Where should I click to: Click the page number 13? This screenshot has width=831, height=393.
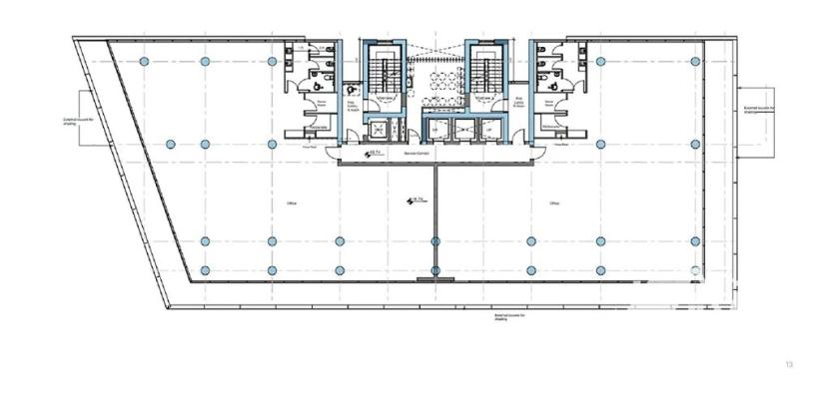[788, 365]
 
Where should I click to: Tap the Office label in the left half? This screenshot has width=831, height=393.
[292, 203]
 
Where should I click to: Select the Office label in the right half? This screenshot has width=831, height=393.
[553, 203]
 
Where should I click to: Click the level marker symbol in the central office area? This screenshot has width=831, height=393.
[411, 201]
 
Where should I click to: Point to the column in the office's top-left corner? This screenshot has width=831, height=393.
[145, 62]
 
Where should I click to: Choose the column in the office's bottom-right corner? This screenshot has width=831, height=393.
[693, 270]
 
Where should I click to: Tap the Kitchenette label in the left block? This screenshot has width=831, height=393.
[320, 128]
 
